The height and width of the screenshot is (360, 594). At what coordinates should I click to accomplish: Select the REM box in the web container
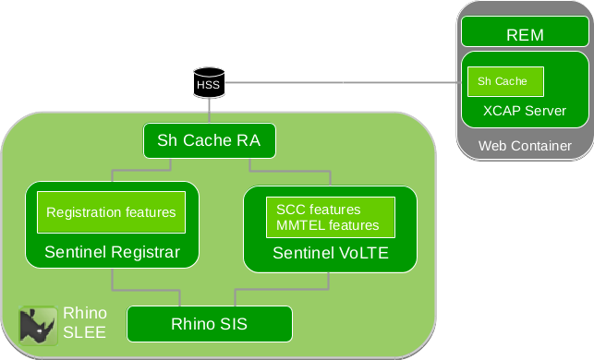pos(525,34)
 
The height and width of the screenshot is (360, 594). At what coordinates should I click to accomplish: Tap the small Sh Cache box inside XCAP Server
pos(504,81)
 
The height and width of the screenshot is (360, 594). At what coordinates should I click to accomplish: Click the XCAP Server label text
pos(525,111)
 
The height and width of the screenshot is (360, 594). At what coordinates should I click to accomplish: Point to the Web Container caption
pos(525,146)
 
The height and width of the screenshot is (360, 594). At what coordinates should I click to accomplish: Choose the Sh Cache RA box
pos(209,141)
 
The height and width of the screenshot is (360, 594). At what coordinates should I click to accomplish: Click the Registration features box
pos(111,212)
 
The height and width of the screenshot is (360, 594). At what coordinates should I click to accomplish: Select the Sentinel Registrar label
pos(111,251)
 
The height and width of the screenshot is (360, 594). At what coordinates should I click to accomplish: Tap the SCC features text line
pos(319,210)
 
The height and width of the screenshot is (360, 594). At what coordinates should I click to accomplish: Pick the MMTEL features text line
pos(328,225)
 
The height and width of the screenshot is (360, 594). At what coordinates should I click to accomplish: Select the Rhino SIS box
pos(209,324)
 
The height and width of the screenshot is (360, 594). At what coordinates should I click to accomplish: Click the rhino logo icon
pos(38,322)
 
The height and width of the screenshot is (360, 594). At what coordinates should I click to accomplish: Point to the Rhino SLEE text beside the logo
pos(83,322)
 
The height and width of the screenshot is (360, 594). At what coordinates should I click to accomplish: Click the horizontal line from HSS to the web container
pos(342,83)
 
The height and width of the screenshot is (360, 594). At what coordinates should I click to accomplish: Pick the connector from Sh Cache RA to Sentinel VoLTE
pos(277,171)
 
